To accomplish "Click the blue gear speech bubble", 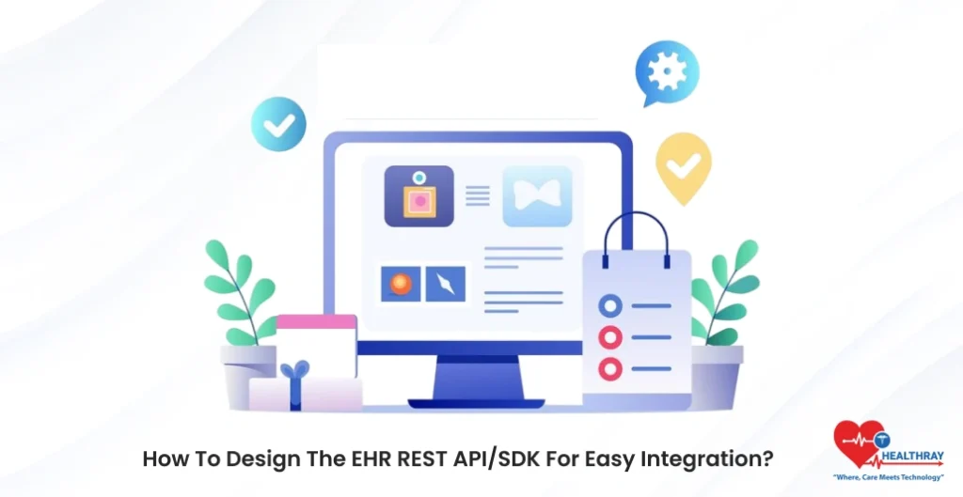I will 667,72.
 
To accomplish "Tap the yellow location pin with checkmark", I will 683,165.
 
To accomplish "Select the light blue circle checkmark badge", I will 278,123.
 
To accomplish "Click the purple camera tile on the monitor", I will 418,196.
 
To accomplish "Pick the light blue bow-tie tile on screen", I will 537,196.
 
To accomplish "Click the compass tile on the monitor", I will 445,284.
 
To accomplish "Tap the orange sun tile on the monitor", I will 400,284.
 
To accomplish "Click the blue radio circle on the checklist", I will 610,305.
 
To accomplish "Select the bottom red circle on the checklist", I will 610,368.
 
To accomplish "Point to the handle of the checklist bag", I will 636,229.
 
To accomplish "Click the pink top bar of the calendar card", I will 316,321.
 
